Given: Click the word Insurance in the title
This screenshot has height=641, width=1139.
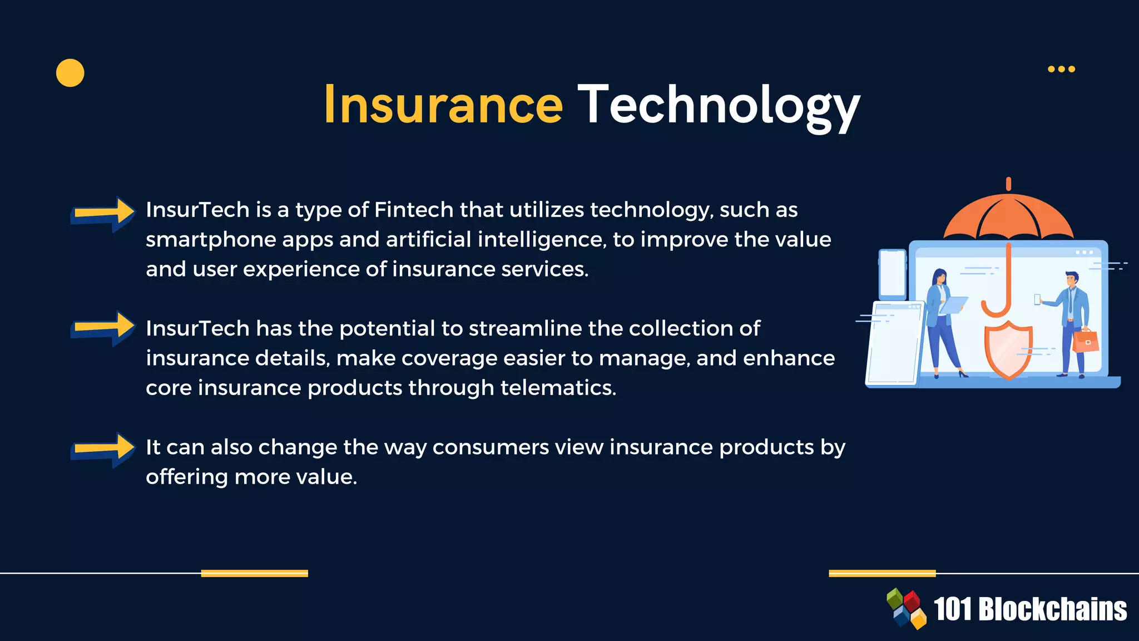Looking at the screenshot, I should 443,105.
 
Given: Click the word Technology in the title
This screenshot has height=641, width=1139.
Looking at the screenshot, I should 719,106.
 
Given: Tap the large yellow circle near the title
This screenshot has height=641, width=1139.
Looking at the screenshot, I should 70,73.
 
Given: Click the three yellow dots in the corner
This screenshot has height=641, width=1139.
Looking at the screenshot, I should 1061,69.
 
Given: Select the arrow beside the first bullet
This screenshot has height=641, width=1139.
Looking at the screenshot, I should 103,214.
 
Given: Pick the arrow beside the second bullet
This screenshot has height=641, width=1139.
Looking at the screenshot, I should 103,328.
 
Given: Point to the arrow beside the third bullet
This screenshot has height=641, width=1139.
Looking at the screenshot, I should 103,450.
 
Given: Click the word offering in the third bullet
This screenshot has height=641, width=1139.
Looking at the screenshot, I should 187,477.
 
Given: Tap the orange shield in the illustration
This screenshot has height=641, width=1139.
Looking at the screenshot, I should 1008,349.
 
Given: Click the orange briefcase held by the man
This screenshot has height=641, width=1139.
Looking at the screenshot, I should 1085,341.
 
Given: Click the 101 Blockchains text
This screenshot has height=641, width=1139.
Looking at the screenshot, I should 1030,609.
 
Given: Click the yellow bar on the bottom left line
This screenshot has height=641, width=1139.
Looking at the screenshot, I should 254,573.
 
